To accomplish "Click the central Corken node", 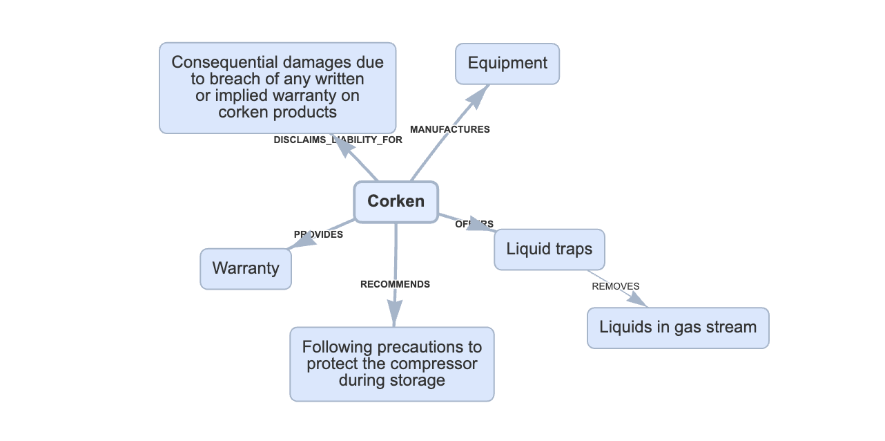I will click(396, 202).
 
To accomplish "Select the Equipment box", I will click(507, 64).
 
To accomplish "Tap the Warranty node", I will click(246, 269).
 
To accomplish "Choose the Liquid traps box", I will click(550, 249).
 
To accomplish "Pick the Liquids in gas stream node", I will click(678, 328).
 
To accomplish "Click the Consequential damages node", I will click(278, 87).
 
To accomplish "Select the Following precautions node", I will click(392, 364).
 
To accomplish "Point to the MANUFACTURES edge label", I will click(450, 129).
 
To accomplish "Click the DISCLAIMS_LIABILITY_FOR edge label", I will click(338, 140).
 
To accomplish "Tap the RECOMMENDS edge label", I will click(395, 284).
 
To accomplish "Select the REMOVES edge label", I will click(616, 286).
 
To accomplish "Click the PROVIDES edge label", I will click(318, 234).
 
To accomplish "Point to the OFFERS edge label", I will click(474, 224).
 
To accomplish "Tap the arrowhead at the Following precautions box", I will click(393, 315).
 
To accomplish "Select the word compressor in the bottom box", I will click(435, 364).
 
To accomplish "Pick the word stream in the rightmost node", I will click(732, 328).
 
